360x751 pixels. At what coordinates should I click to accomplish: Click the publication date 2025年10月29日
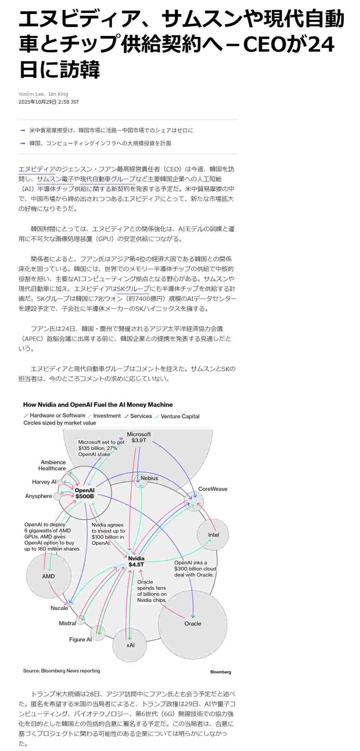click(x=37, y=102)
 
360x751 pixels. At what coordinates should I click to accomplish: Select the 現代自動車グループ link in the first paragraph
click(x=108, y=179)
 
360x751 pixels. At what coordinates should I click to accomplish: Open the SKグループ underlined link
click(x=133, y=289)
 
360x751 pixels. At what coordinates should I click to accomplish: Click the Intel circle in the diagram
click(x=213, y=535)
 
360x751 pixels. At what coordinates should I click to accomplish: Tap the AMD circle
click(x=48, y=576)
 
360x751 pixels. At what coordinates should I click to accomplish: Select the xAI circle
click(x=130, y=645)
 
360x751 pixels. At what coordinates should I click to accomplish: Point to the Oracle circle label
click(x=193, y=623)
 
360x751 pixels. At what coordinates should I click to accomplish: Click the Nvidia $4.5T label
click(x=136, y=562)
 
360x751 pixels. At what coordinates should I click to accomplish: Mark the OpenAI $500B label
click(x=84, y=493)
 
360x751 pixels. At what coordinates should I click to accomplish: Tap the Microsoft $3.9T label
click(x=138, y=437)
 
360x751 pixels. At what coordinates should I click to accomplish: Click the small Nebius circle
click(x=141, y=480)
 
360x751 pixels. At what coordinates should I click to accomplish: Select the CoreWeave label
click(x=212, y=489)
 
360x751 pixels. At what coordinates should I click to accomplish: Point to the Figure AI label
click(x=80, y=640)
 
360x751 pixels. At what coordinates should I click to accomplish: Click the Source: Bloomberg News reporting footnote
click(x=62, y=671)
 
